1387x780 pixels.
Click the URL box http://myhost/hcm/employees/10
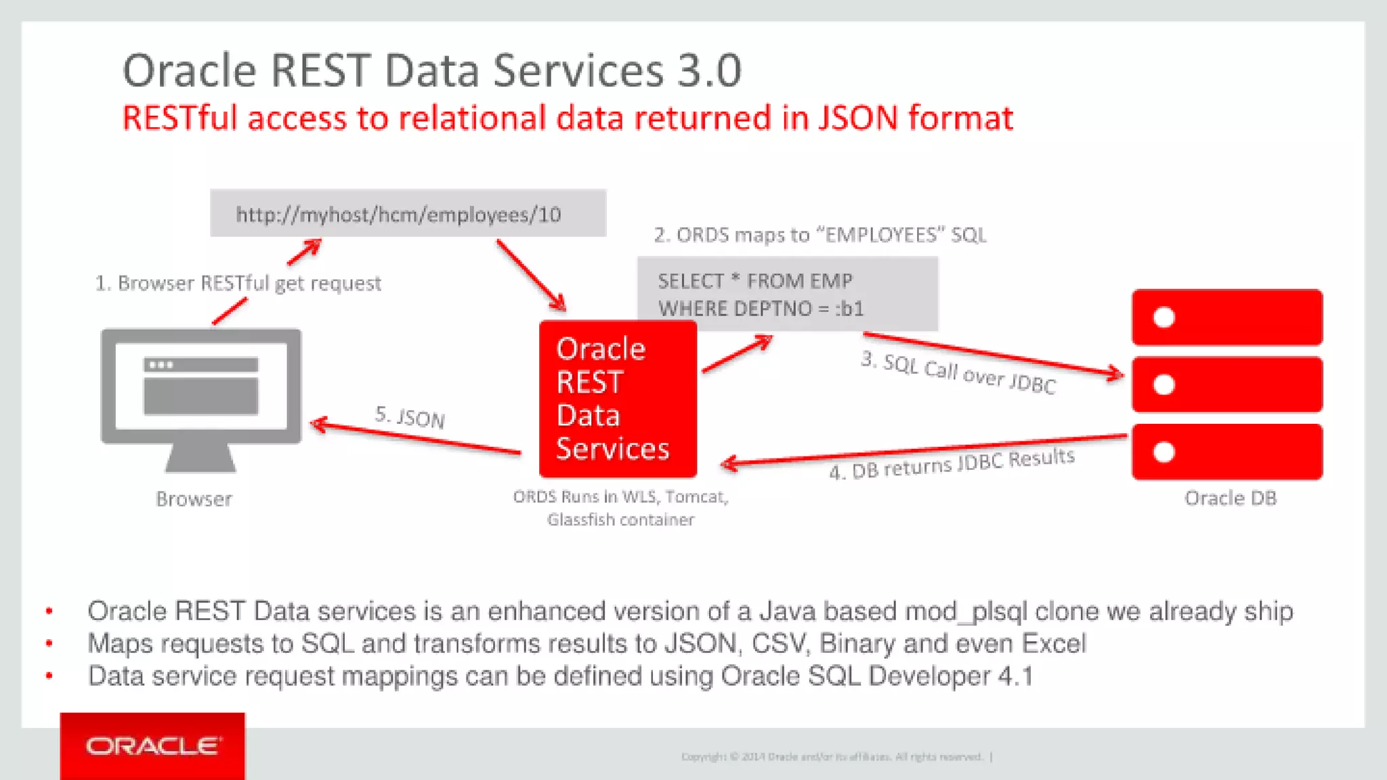coord(408,214)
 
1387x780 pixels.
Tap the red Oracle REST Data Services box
coord(617,399)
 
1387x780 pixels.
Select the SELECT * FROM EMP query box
coord(787,294)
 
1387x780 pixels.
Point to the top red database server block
coord(1226,318)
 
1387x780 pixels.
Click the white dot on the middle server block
coord(1164,385)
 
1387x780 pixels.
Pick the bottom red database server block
coord(1226,452)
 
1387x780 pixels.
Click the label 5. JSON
coord(410,417)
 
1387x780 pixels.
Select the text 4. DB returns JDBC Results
coord(952,464)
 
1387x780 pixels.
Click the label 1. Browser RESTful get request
coord(238,283)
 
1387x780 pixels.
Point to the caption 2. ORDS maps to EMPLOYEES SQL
coord(819,235)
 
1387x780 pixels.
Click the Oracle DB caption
coord(1230,498)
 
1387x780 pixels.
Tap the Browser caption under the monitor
coord(194,499)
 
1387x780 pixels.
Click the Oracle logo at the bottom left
coord(152,746)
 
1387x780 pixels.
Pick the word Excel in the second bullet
coord(1053,643)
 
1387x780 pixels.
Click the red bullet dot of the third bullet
coord(49,676)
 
